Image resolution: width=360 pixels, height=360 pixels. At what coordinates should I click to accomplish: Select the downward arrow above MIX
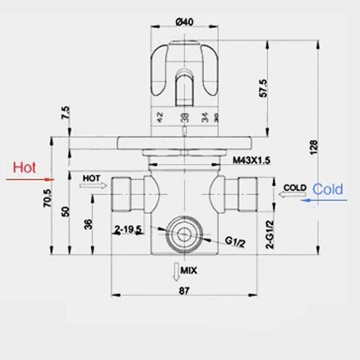coord(175,271)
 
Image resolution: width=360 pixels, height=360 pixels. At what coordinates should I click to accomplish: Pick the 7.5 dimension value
coord(66,113)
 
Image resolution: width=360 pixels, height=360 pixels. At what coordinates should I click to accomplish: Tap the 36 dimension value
coord(88,224)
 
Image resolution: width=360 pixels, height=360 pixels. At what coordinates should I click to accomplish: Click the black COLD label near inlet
coord(295,186)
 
